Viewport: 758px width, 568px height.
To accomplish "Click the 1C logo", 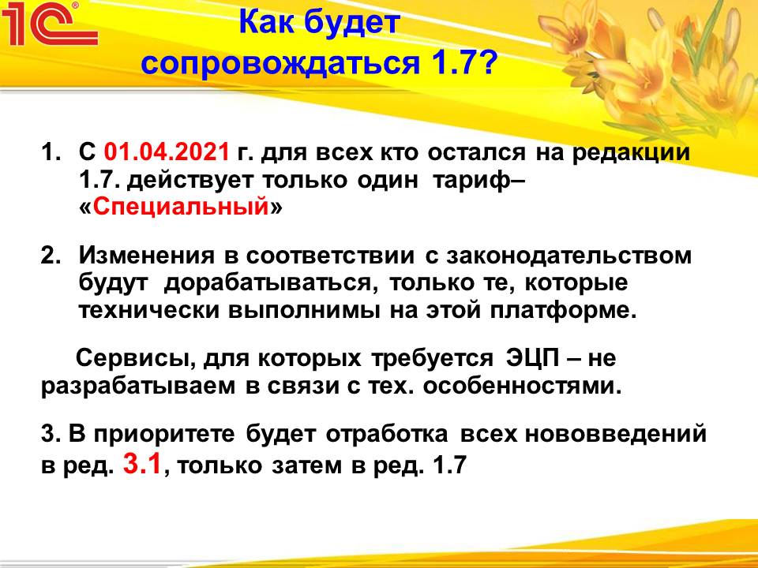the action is coord(49,24).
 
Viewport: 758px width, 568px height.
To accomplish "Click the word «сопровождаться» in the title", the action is coord(281,63).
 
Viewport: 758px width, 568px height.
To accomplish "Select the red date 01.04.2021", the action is coord(167,151).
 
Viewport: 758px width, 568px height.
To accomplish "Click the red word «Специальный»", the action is coord(181,207).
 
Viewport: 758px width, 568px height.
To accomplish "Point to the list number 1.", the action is coord(51,152).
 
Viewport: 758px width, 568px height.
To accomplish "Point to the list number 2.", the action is coord(51,256).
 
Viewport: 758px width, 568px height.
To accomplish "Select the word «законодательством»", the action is coord(568,256).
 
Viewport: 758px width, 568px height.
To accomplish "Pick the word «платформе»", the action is coord(563,312).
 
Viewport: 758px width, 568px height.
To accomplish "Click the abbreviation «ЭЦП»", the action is coord(533,359).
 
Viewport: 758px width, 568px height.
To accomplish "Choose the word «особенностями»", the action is coord(522,387).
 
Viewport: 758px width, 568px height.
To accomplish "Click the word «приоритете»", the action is coord(164,435).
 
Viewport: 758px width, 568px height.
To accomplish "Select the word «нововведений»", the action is coord(616,435).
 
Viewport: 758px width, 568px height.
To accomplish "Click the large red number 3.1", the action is coord(141,464).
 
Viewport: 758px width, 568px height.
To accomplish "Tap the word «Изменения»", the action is coord(146,256).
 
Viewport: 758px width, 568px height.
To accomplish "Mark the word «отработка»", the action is coord(387,435).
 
